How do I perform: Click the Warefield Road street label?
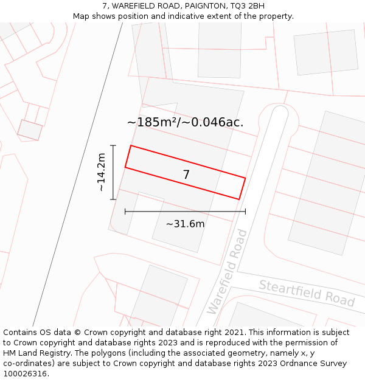(x=227, y=272)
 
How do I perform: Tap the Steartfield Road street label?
(x=307, y=292)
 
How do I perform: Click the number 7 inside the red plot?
(x=186, y=175)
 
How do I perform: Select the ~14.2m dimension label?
(x=101, y=173)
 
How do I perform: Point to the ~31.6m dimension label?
(x=185, y=224)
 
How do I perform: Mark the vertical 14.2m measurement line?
(x=113, y=172)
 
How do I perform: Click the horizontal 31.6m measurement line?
(x=185, y=212)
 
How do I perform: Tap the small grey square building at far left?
(x=30, y=130)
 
